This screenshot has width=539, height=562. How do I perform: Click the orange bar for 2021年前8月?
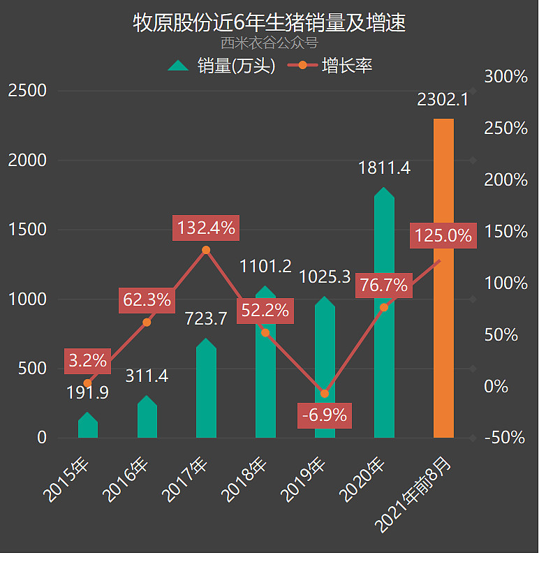(x=443, y=279)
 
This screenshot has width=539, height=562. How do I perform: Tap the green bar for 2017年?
(x=206, y=391)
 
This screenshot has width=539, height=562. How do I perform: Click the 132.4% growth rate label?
(x=206, y=228)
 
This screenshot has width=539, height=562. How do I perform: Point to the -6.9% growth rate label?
(x=325, y=415)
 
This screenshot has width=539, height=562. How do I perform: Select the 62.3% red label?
(x=147, y=300)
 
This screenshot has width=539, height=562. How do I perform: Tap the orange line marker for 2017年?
(x=206, y=250)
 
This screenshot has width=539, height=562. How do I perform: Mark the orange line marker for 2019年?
(x=325, y=394)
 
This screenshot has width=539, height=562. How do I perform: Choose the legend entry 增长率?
(x=334, y=66)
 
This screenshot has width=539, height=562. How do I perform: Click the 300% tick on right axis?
(x=506, y=77)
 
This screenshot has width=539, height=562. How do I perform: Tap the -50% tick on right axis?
(x=506, y=438)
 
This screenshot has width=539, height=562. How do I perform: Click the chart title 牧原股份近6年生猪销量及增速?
(x=269, y=22)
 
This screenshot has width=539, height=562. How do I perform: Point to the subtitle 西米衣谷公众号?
(x=269, y=43)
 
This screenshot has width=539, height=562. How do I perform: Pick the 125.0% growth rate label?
(x=443, y=235)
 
